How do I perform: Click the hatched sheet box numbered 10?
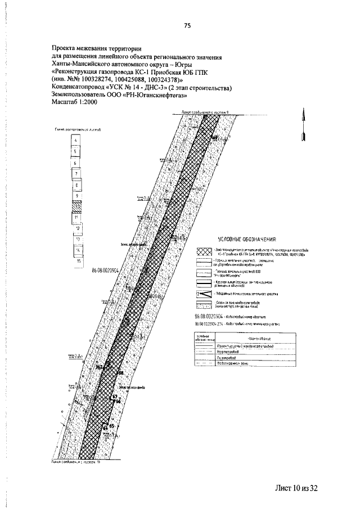[x=75, y=206]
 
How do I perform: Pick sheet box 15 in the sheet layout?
[x=78, y=261]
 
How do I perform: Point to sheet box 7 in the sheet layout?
[x=75, y=174]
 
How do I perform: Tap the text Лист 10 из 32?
[x=297, y=487]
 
